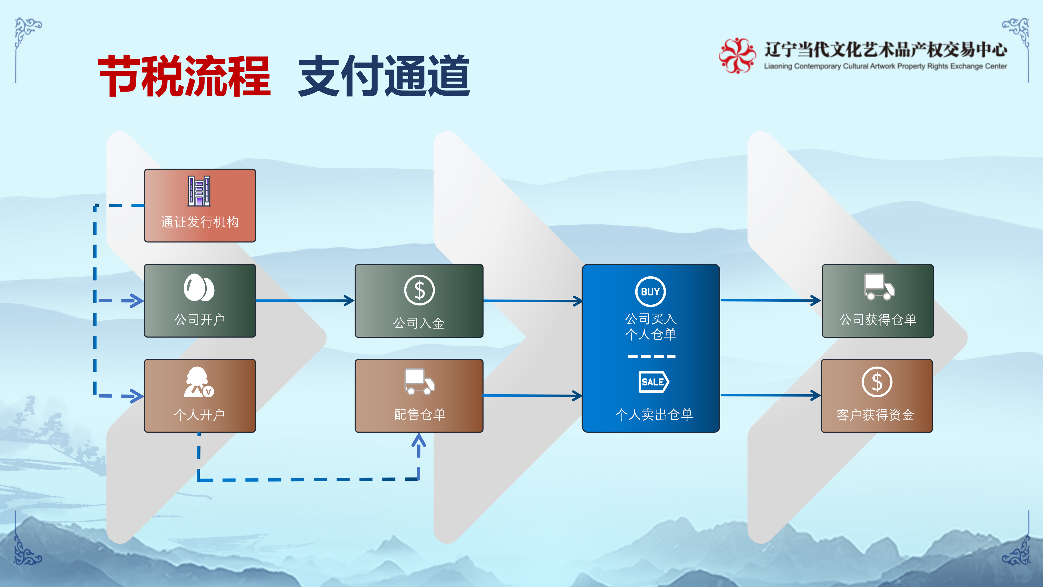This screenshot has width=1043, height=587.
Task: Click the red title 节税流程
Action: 184,76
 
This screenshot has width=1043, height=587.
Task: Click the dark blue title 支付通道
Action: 384,76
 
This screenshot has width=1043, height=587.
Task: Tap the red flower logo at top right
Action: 737,55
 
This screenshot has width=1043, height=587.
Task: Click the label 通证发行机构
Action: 200,222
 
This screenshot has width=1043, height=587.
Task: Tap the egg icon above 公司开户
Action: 199,288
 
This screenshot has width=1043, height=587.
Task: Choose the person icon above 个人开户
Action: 198,382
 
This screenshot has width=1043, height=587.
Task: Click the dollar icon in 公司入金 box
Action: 419,290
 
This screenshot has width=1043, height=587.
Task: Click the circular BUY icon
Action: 650,292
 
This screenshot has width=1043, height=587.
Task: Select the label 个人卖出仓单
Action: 654,414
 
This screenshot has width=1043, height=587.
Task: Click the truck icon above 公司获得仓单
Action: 879,287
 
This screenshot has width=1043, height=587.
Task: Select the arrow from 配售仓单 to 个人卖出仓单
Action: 532,395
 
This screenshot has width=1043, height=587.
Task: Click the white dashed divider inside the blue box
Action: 651,357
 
